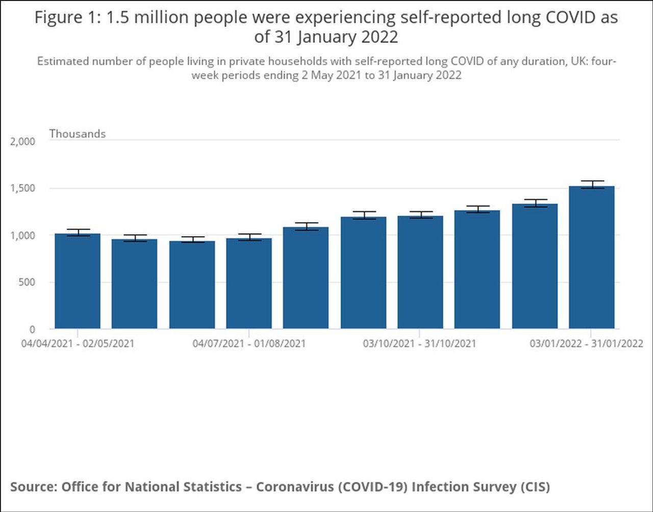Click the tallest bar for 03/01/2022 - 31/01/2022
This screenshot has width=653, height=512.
(x=591, y=258)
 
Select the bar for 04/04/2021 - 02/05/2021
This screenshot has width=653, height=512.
(x=78, y=281)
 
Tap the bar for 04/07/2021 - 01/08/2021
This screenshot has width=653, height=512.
(x=249, y=284)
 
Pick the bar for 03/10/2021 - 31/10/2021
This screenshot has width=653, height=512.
(x=420, y=272)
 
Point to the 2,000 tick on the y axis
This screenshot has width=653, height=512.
(x=23, y=141)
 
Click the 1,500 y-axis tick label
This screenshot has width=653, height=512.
(x=23, y=188)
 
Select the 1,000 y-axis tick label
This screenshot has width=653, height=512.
(x=23, y=236)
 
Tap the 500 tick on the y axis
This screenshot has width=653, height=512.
(x=27, y=283)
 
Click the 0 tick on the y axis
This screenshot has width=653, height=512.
(x=32, y=329)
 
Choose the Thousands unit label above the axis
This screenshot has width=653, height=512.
(x=78, y=134)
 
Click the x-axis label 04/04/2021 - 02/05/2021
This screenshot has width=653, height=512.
(x=78, y=343)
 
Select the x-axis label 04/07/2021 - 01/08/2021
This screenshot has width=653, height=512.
(x=249, y=343)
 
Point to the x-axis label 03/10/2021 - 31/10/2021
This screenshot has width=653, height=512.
(x=419, y=343)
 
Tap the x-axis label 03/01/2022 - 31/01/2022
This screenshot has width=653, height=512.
(x=586, y=343)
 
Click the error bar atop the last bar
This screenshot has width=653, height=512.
(x=591, y=184)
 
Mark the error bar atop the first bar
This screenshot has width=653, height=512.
(x=78, y=232)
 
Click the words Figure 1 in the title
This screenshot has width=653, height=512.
(x=65, y=18)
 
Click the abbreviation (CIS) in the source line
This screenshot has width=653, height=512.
(x=535, y=487)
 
